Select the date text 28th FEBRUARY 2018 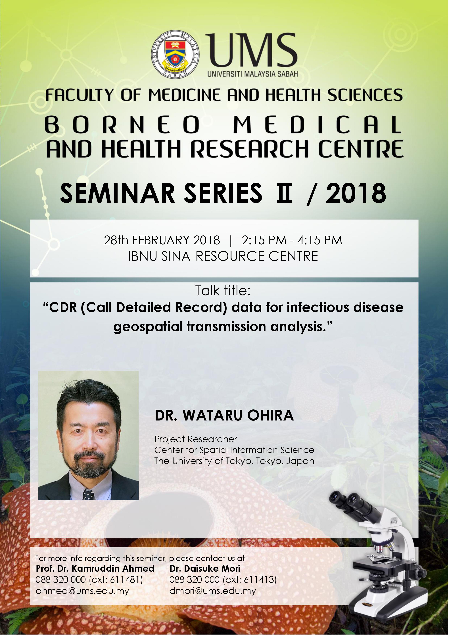tap(162, 240)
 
